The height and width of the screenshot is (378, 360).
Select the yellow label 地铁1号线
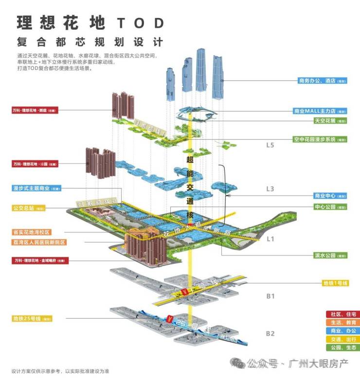pos(336,283)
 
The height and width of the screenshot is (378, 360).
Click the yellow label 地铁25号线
pos(32,319)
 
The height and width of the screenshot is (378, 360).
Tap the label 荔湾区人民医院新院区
pos(38,242)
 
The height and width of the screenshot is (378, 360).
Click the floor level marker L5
pos(270,145)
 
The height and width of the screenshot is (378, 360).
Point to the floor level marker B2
pos(270,333)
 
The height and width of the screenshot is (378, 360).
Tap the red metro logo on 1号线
pos(184,292)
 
